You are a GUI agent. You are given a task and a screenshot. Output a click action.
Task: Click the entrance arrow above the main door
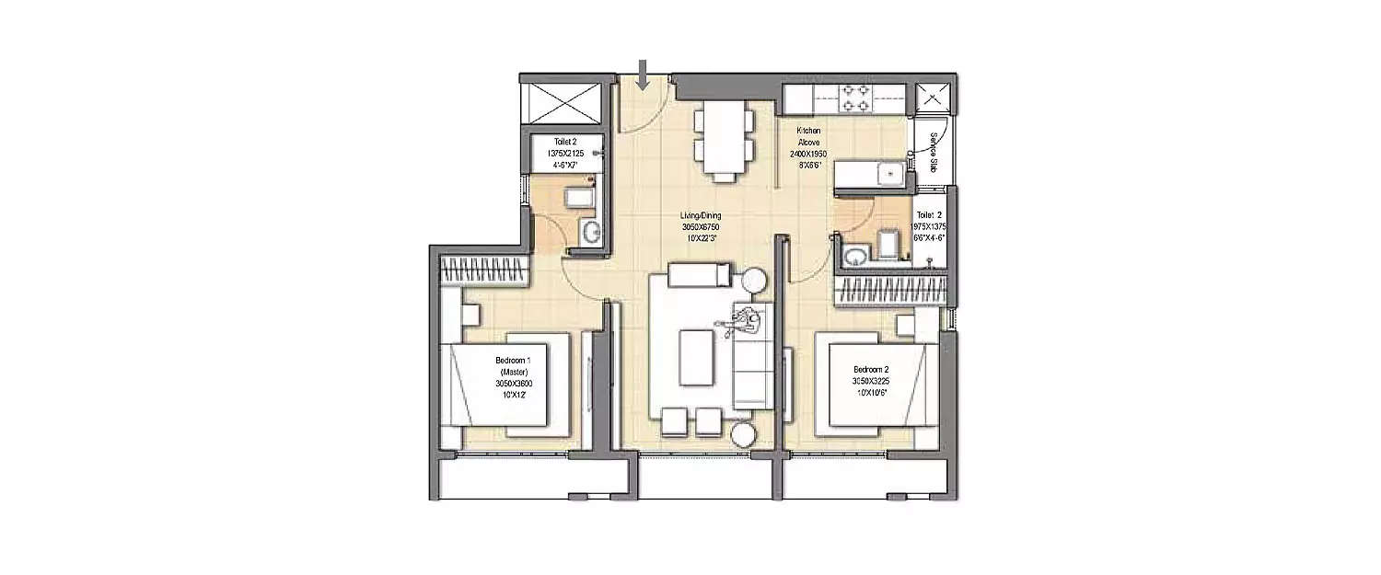(x=644, y=75)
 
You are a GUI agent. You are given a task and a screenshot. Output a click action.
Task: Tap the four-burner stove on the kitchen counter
(x=856, y=98)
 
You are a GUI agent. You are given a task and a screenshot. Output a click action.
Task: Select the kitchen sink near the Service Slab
(x=890, y=173)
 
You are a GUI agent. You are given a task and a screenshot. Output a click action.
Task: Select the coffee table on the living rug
(x=694, y=359)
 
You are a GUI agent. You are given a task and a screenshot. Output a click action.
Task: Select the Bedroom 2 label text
(x=870, y=370)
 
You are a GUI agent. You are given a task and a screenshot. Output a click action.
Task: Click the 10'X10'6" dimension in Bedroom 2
(x=870, y=390)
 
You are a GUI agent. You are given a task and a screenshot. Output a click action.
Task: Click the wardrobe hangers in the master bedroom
(x=485, y=271)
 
